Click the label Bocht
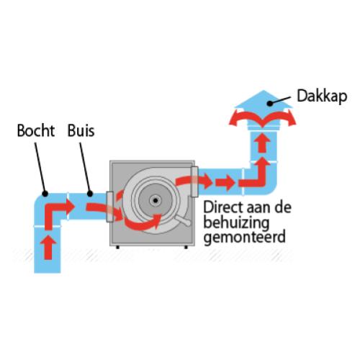pyautogui.click(x=36, y=130)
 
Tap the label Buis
pyautogui.click(x=81, y=130)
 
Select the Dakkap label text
pyautogui.click(x=322, y=96)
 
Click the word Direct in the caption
pyautogui.click(x=221, y=207)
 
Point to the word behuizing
pyautogui.click(x=236, y=223)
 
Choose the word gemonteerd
pyautogui.click(x=245, y=237)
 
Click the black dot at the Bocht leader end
pyautogui.click(x=45, y=194)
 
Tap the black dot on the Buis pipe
pyautogui.click(x=90, y=194)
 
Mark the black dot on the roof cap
pyautogui.click(x=270, y=104)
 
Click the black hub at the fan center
pyautogui.click(x=156, y=200)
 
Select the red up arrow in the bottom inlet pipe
pyautogui.click(x=48, y=247)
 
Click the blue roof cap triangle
pyautogui.click(x=264, y=99)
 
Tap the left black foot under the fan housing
pyautogui.click(x=117, y=247)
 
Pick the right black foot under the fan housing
pyautogui.click(x=186, y=247)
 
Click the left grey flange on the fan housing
pyautogui.click(x=109, y=207)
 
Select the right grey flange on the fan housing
pyautogui.click(x=194, y=181)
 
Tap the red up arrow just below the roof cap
pyautogui.click(x=263, y=143)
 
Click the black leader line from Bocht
pyautogui.click(x=40, y=168)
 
